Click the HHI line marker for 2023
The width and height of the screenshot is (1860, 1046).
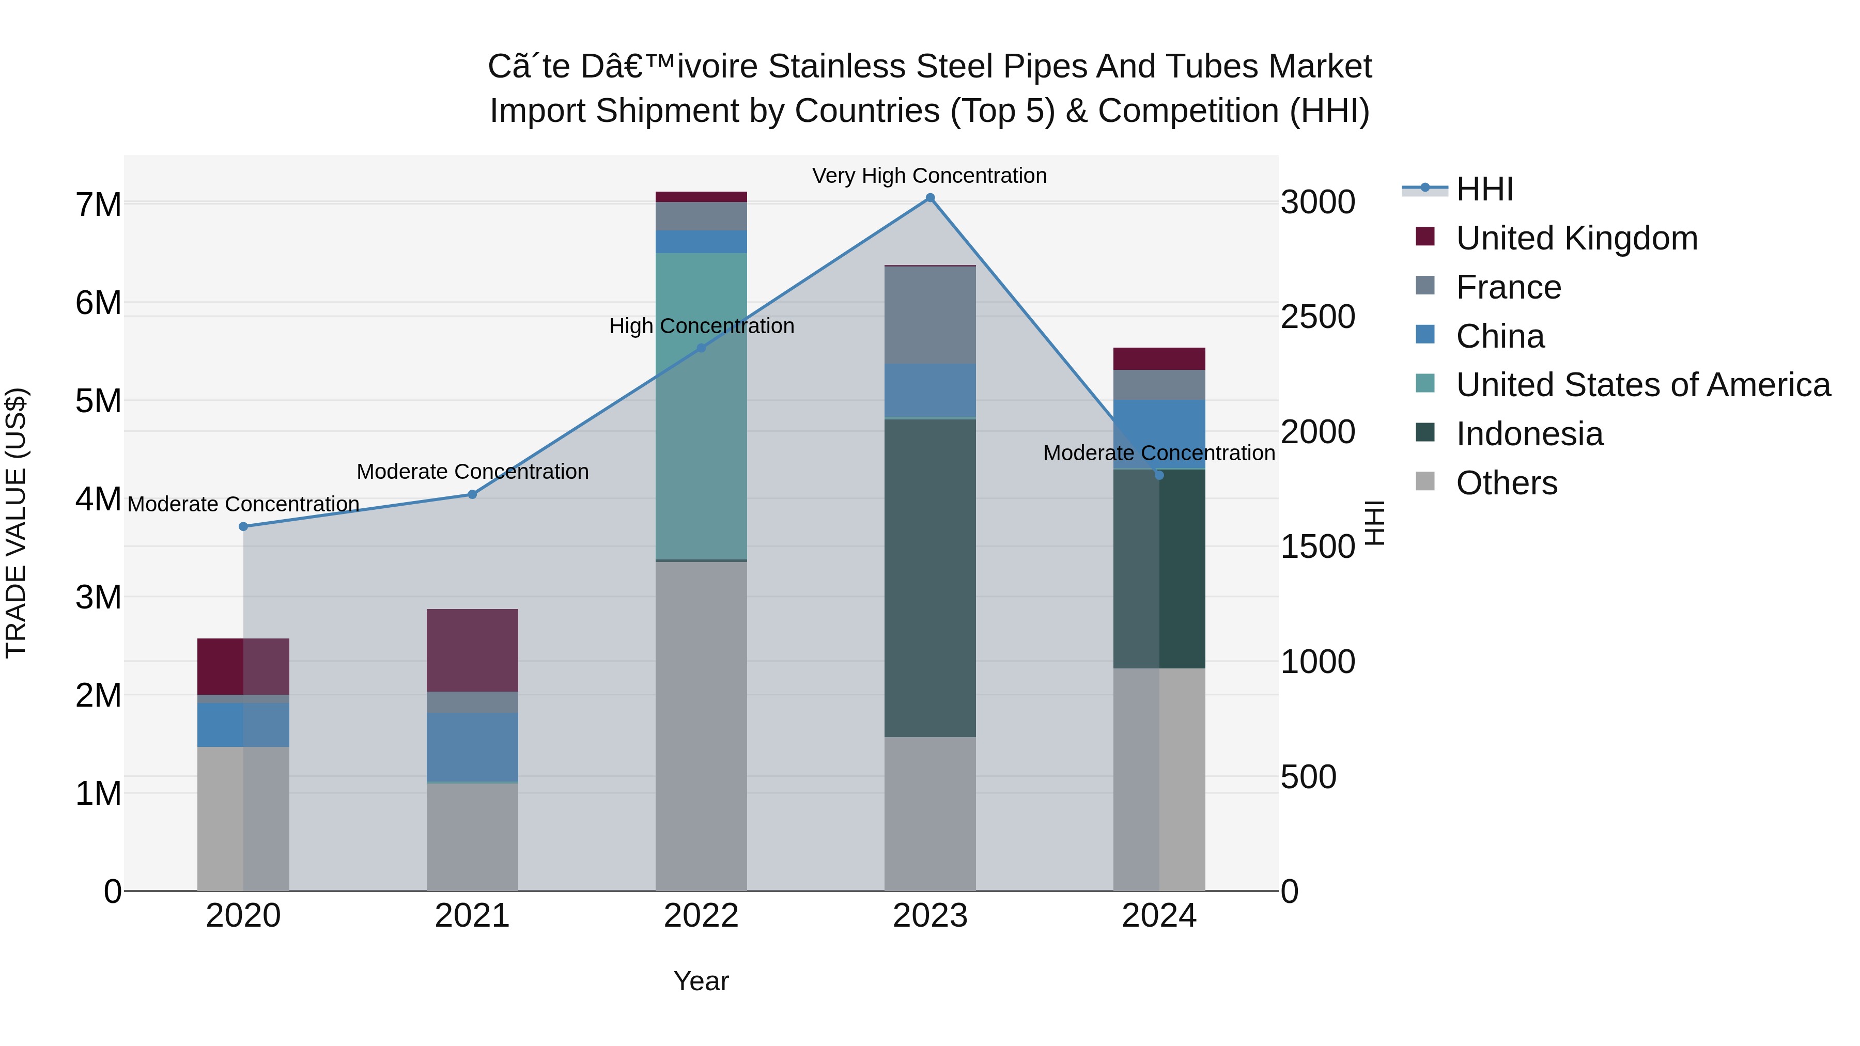(x=930, y=198)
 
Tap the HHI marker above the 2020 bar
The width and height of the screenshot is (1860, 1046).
(x=243, y=526)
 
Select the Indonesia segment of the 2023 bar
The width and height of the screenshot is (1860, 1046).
(x=930, y=577)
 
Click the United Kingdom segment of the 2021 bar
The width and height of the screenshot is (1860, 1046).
(x=472, y=650)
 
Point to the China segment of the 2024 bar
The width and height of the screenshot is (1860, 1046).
(x=1159, y=433)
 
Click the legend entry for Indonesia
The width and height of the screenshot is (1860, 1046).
(x=1529, y=434)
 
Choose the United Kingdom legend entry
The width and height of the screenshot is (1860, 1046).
(x=1576, y=238)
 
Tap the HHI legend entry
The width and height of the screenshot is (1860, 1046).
(x=1484, y=189)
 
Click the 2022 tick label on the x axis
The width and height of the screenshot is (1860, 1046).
(x=701, y=916)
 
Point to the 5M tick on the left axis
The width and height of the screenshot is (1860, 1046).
(x=98, y=401)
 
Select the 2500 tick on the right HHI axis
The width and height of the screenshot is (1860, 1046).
(x=1317, y=317)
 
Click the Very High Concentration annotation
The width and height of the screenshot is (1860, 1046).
(x=929, y=176)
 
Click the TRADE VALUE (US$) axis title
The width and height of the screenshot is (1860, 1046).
(x=16, y=523)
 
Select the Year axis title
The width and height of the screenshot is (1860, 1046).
(x=701, y=981)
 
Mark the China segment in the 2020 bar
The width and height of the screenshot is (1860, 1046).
(x=243, y=725)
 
